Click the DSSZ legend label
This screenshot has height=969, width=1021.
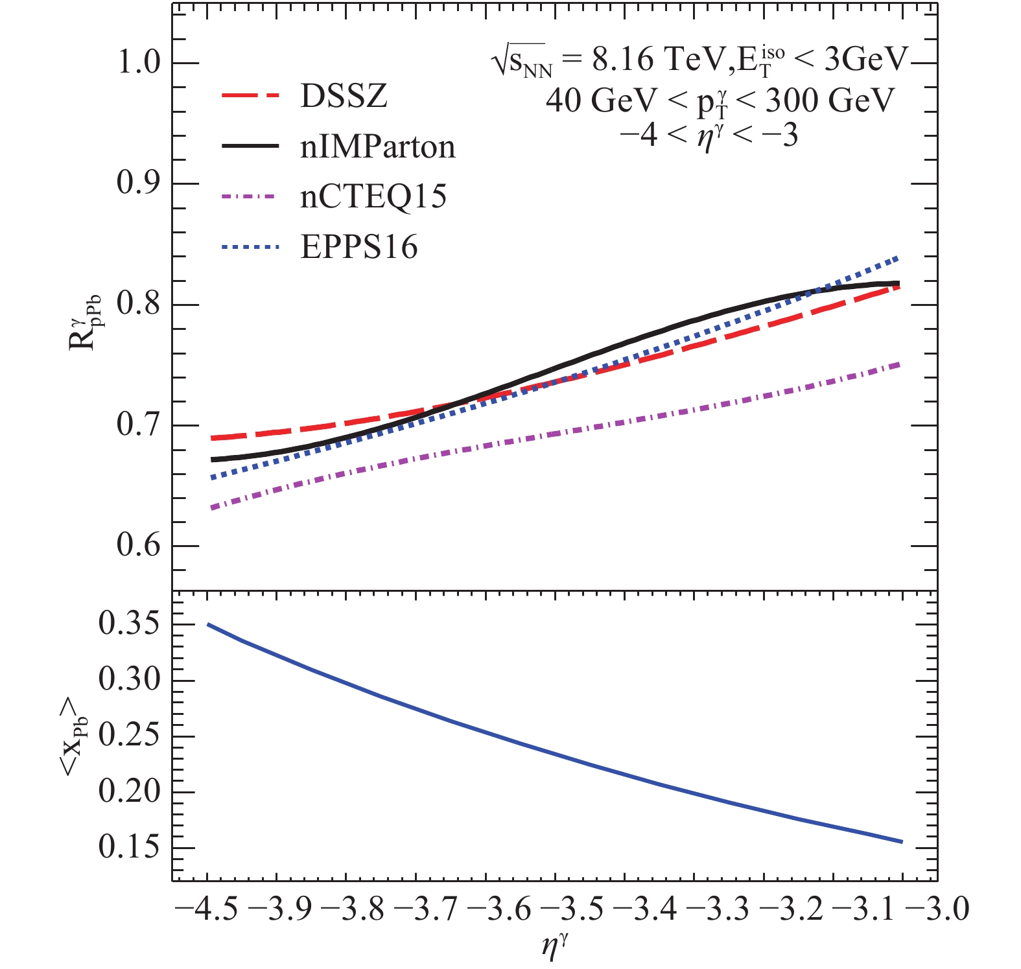[344, 97]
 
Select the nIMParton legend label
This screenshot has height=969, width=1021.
[377, 147]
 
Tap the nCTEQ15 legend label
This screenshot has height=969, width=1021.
[373, 196]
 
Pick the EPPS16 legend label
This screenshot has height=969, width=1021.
[358, 247]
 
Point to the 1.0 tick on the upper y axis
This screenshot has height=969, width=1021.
[138, 64]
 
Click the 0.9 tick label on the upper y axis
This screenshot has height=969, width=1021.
[138, 183]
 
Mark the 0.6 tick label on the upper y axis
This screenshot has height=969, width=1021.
[138, 545]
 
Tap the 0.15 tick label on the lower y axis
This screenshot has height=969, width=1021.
[129, 847]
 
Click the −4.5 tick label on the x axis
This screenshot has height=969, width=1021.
[207, 909]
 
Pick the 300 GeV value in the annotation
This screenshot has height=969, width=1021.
[831, 100]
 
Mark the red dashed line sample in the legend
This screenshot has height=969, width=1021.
[250, 97]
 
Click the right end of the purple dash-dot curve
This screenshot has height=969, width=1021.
[899, 364]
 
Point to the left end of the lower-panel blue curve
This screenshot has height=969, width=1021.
[207, 624]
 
